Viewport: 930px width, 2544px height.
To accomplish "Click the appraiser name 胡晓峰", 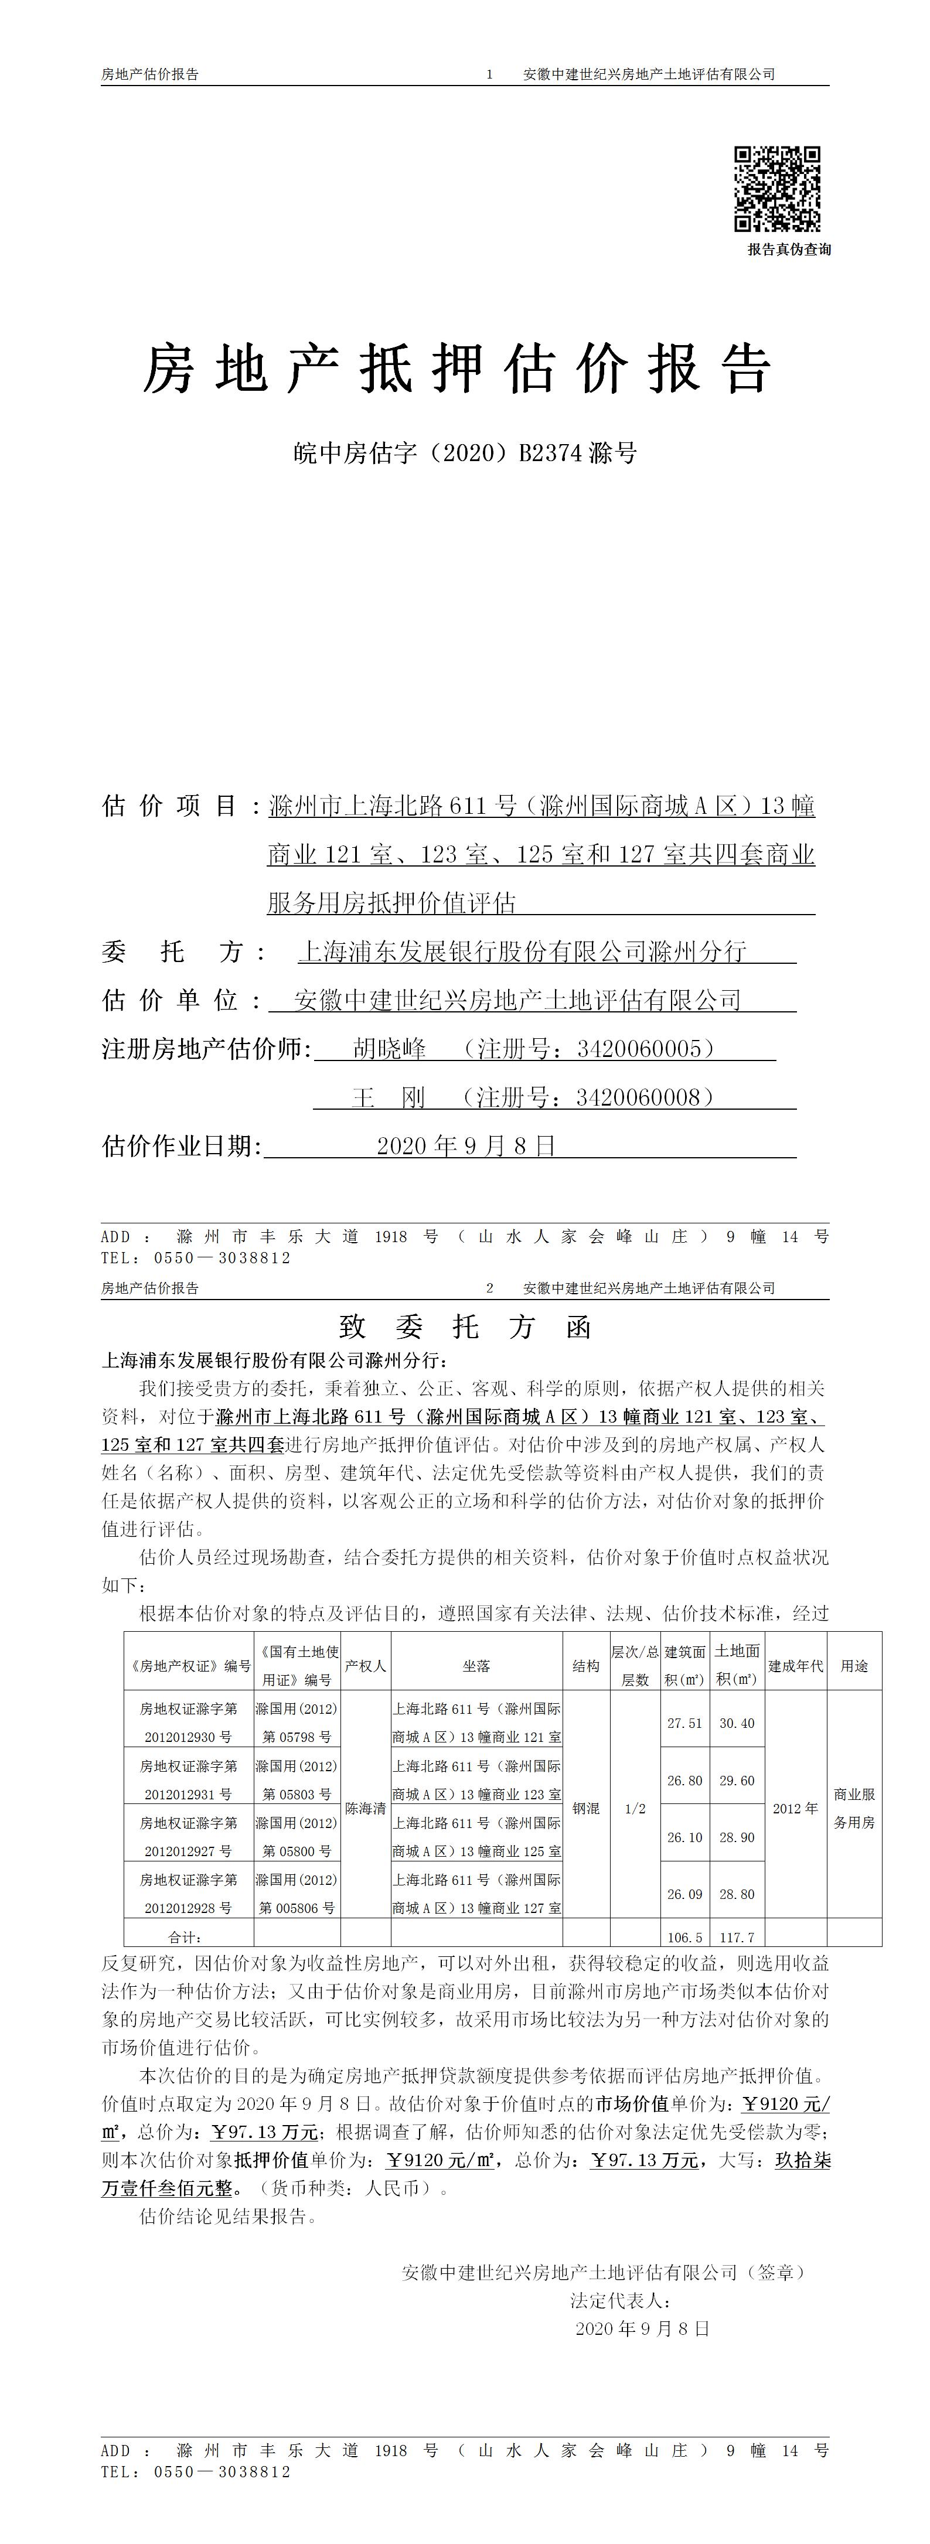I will [389, 1049].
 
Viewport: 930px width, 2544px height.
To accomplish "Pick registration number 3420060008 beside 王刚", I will [643, 1097].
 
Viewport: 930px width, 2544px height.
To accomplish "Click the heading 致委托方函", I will [465, 1326].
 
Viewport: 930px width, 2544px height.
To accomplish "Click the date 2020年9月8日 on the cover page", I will [466, 1145].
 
